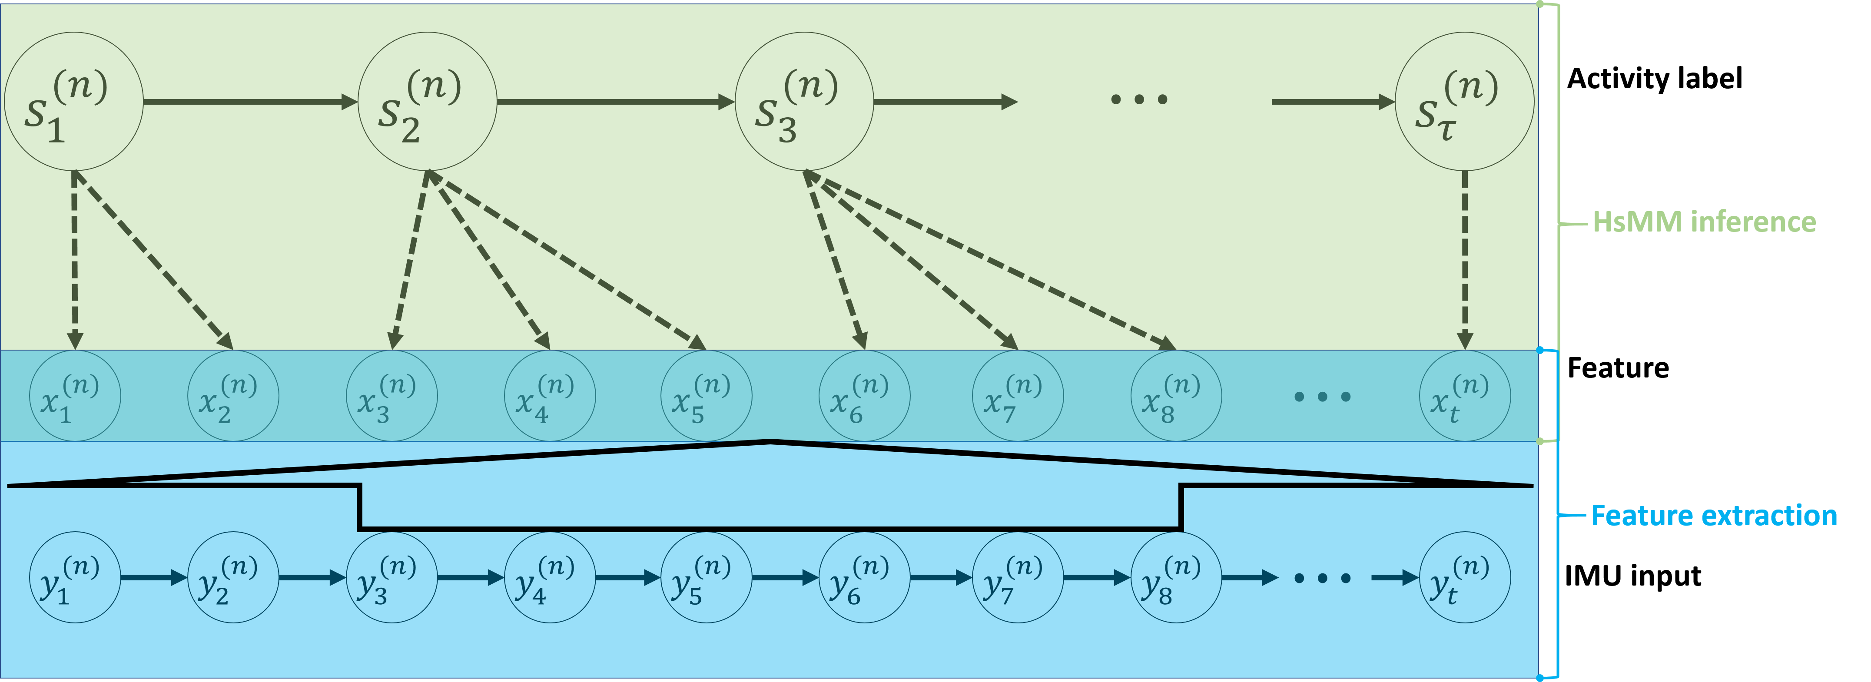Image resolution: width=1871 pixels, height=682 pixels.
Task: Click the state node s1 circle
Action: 73,102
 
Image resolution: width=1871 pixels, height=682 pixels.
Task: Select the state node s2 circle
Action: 427,102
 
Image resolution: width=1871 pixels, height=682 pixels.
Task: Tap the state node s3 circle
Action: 804,102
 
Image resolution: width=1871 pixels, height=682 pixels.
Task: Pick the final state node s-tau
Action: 1464,102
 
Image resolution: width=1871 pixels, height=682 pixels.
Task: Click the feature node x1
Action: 75,396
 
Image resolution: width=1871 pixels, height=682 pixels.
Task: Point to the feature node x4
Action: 550,396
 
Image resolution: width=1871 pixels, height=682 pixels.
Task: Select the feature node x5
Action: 706,396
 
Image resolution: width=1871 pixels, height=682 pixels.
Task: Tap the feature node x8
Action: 1176,396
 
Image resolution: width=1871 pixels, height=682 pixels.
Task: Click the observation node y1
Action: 75,577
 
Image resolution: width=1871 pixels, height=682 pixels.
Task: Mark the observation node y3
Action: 391,577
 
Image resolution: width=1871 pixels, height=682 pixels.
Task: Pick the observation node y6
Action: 864,577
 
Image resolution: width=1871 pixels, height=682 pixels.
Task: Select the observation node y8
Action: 1176,577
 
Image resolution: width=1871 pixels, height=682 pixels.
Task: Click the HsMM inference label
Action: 1703,222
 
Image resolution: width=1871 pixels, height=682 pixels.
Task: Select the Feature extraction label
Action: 1713,516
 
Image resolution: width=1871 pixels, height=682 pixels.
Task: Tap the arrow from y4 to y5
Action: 628,577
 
